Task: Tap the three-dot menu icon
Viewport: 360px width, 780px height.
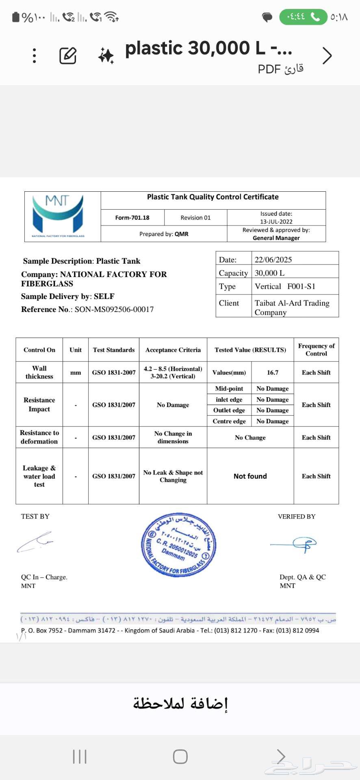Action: click(x=35, y=56)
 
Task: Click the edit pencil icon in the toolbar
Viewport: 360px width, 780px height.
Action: click(x=68, y=56)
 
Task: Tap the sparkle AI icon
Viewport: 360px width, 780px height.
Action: click(x=106, y=56)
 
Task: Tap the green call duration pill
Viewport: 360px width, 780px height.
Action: click(x=303, y=17)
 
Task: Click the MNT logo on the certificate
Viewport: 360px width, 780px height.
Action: click(x=58, y=216)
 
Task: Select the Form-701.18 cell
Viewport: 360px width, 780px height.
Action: click(x=132, y=218)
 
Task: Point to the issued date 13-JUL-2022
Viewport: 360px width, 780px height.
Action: click(x=276, y=221)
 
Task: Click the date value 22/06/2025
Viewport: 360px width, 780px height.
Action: click(x=273, y=260)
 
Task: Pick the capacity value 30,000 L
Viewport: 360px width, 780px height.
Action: click(x=269, y=273)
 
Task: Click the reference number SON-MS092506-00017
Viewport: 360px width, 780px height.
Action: click(x=114, y=310)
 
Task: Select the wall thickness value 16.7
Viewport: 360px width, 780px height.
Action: click(x=273, y=373)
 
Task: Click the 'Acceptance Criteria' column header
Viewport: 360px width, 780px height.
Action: click(x=173, y=350)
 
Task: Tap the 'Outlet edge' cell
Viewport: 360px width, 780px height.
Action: click(x=229, y=410)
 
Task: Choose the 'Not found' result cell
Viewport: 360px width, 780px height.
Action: click(x=250, y=476)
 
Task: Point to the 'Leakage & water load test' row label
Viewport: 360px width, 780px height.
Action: click(x=39, y=476)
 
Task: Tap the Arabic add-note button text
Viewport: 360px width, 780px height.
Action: click(x=180, y=703)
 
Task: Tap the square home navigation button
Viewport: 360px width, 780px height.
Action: click(x=180, y=756)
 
